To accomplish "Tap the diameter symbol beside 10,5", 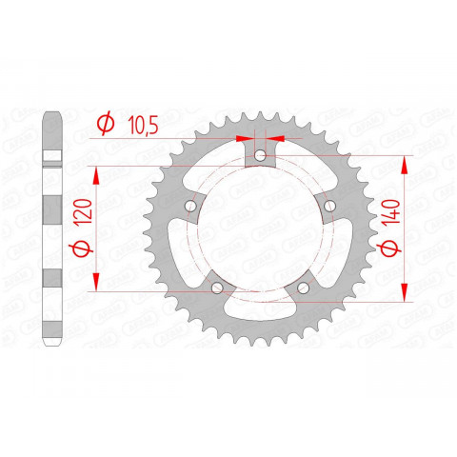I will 106,123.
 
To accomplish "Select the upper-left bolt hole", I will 191,205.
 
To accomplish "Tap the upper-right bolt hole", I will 329,205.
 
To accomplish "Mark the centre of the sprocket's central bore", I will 260,228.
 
